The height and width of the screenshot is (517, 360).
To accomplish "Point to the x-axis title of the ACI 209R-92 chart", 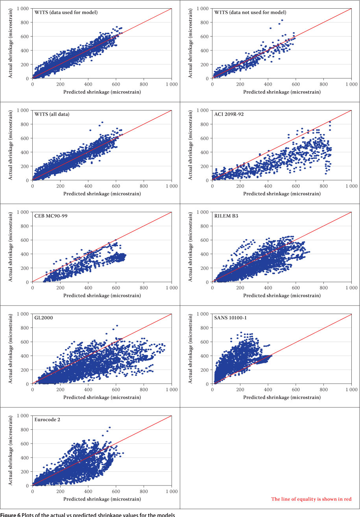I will pos(282,194).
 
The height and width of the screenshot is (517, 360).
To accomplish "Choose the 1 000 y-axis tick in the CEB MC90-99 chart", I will pos(24,212).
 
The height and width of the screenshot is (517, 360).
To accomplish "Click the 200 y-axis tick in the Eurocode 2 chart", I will pos(26,471).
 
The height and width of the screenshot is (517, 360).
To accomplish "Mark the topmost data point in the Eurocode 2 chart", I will pos(109,427).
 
